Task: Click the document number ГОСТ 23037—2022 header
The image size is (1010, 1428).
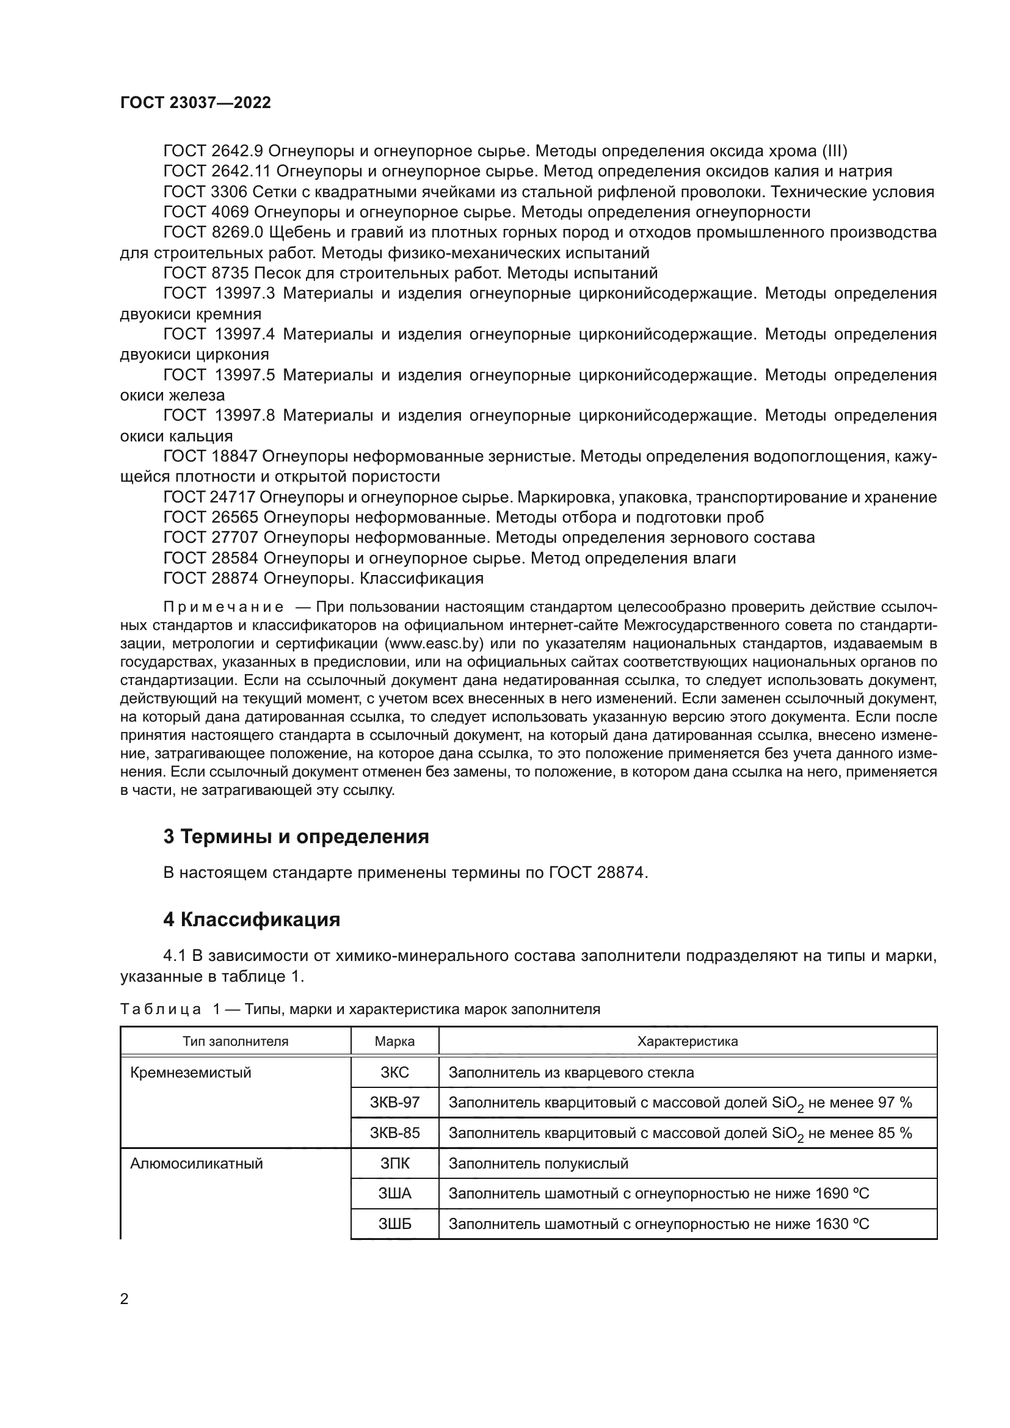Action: [195, 103]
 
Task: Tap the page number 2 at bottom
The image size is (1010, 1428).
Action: [125, 1299]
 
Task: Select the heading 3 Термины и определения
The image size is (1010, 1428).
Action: [296, 836]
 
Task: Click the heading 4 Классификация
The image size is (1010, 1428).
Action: [251, 919]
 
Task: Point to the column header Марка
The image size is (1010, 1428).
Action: [394, 1041]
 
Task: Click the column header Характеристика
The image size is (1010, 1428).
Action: [687, 1041]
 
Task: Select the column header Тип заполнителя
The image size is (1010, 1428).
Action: [235, 1041]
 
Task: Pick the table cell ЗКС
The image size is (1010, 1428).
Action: [394, 1072]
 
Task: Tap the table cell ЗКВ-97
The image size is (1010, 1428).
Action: [394, 1103]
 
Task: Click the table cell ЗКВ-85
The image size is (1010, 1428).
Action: [394, 1133]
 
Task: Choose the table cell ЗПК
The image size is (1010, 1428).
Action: [394, 1164]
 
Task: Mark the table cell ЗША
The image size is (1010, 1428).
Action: [394, 1194]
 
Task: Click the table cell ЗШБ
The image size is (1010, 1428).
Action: [394, 1225]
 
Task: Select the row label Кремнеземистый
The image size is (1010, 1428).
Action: [191, 1072]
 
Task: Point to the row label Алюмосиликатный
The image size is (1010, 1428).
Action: [196, 1164]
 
